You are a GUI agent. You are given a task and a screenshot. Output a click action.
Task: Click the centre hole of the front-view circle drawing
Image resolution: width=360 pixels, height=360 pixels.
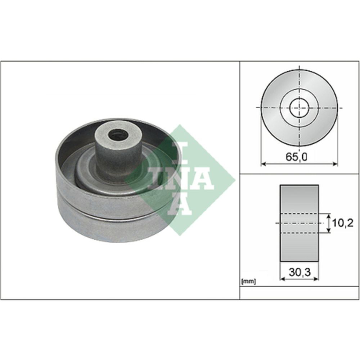(299, 108)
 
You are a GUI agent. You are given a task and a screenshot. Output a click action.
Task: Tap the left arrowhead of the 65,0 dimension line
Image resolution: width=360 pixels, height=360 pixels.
(262, 164)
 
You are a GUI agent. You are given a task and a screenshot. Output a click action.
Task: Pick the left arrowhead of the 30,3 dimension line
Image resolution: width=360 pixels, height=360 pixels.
(282, 278)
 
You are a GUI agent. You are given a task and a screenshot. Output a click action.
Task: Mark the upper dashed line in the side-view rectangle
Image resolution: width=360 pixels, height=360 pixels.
(299, 213)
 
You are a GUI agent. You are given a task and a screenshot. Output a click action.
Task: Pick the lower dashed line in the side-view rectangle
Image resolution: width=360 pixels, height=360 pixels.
(299, 233)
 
